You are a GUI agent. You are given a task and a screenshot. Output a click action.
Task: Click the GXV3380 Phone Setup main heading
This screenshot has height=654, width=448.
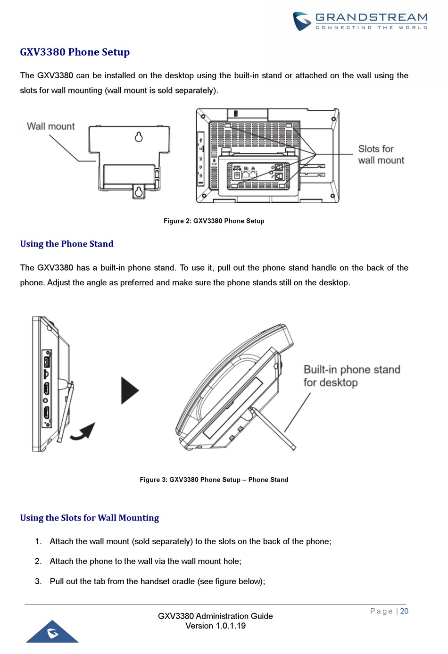[75, 52]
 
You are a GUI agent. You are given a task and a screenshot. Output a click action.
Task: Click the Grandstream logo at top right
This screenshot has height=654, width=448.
[360, 21]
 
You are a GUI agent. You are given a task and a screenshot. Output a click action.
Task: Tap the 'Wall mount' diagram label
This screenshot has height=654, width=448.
[50, 126]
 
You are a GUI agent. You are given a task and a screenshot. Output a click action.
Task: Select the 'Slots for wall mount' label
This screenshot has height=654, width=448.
[381, 155]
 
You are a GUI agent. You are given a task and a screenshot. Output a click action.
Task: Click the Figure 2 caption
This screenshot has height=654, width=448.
[214, 221]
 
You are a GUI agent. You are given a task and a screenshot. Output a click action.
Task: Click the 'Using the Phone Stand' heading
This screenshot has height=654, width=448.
[66, 244]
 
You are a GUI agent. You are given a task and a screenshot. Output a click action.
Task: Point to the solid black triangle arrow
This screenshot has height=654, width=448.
[129, 390]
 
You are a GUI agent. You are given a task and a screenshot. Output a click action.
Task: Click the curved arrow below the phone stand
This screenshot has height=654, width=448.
[83, 431]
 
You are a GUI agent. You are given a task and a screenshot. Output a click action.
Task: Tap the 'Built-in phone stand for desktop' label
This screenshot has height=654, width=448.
[351, 376]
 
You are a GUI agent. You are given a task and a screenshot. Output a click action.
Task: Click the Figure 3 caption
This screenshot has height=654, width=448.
[214, 480]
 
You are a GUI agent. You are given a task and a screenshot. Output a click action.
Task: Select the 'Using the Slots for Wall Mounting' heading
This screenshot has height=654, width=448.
[89, 518]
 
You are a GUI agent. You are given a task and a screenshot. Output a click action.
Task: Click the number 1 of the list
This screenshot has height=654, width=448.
[38, 541]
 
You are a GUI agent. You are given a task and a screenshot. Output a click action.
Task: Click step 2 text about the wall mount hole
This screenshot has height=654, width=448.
[145, 561]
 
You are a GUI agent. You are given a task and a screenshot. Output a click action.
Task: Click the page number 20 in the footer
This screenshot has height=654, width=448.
[404, 611]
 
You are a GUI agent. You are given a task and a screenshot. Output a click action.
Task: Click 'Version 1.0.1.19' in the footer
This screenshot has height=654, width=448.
[216, 626]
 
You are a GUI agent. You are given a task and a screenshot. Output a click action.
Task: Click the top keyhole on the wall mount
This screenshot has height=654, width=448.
[139, 137]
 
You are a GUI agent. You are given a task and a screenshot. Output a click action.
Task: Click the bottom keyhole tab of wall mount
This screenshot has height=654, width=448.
[139, 192]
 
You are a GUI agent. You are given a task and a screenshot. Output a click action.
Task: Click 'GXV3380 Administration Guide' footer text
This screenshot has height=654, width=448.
[216, 616]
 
